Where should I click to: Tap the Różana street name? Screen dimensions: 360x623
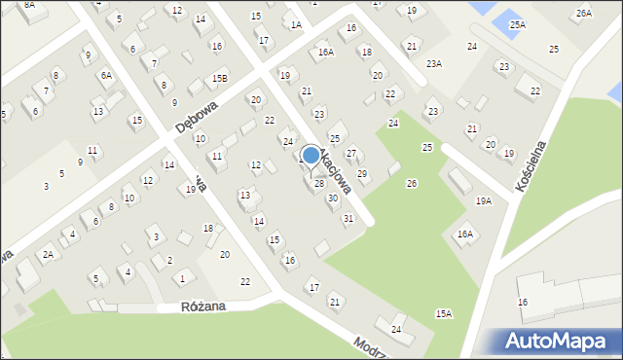(203, 306)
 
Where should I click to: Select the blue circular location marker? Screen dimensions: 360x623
(311, 155)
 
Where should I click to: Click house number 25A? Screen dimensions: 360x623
(517, 24)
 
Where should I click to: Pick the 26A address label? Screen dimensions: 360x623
(583, 13)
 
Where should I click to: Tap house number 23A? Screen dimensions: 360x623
(434, 63)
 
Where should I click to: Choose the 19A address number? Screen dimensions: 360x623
(484, 200)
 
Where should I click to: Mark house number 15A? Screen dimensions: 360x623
(444, 313)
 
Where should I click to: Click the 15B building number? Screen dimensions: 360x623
(221, 78)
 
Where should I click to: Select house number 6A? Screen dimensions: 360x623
(105, 74)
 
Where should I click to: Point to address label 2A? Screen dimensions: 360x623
(48, 254)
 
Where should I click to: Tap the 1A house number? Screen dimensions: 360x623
(296, 24)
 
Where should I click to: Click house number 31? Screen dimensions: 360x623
(348, 218)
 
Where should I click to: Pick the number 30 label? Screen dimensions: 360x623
(333, 198)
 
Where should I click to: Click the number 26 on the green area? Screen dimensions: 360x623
(412, 183)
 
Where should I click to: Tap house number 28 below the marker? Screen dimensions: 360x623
(318, 183)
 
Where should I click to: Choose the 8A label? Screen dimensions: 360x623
(29, 5)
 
